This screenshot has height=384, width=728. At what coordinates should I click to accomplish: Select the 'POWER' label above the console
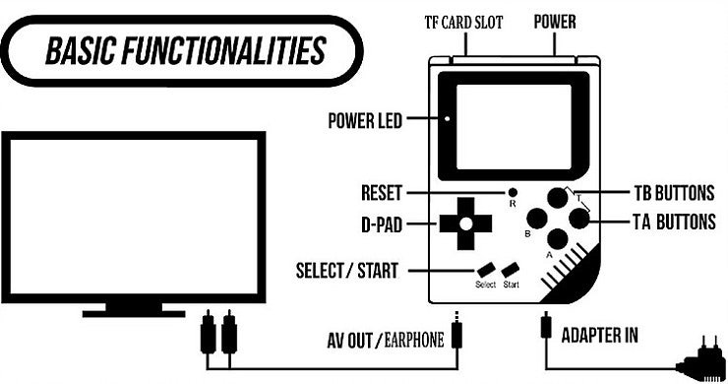(555, 22)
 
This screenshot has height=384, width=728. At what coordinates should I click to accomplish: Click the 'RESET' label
(381, 192)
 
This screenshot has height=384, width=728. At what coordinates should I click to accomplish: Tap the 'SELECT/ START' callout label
(347, 270)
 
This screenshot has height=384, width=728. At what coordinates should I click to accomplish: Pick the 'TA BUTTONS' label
(674, 223)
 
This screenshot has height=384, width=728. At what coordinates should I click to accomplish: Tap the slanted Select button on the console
(485, 270)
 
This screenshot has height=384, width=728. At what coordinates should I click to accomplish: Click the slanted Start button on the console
(510, 270)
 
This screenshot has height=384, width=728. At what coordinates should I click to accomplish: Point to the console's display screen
(512, 121)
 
